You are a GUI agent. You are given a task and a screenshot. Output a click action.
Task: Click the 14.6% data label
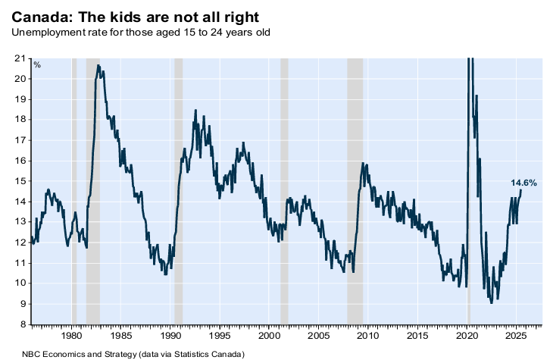click(523, 183)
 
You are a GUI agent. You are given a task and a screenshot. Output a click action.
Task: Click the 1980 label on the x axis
click(71, 335)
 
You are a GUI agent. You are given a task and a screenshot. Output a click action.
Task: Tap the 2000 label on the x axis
click(269, 335)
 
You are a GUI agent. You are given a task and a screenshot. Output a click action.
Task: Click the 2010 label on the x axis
click(367, 335)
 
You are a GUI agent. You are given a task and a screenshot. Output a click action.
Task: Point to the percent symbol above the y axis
click(36, 64)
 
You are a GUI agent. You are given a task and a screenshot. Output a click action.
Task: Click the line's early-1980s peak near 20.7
click(98, 65)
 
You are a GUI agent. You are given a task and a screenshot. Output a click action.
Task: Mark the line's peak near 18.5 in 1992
click(195, 111)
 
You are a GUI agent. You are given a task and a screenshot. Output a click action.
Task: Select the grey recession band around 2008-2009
click(355, 189)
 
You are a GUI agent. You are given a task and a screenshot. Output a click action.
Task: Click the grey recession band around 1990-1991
click(179, 189)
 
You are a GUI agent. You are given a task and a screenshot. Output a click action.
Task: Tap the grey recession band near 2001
click(284, 189)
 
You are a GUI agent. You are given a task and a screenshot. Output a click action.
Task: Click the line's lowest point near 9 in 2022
click(492, 302)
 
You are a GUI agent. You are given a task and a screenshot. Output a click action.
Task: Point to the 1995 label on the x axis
click(220, 335)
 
